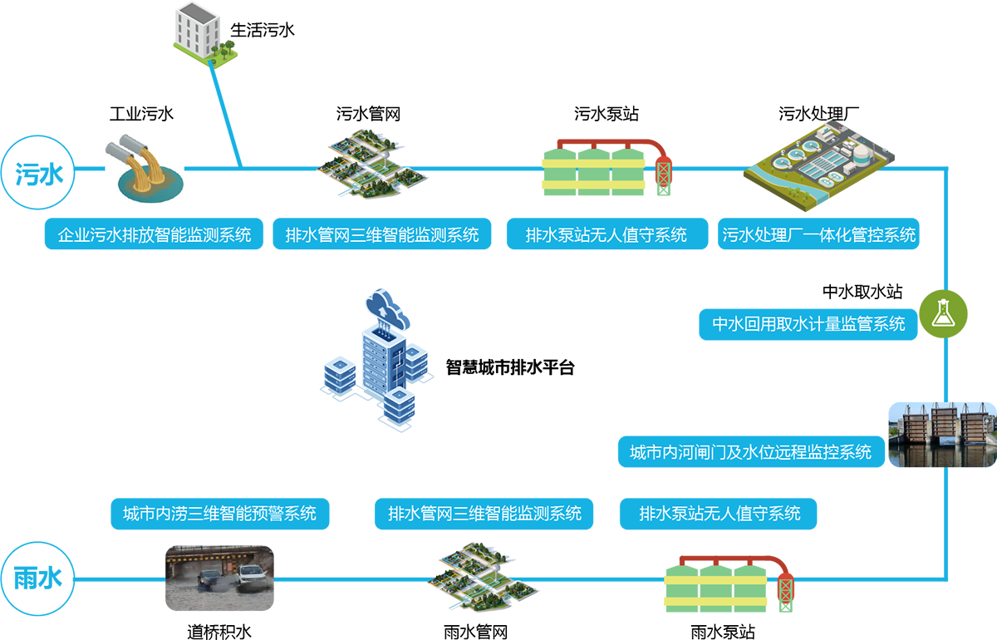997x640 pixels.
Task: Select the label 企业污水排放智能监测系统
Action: pyautogui.click(x=155, y=235)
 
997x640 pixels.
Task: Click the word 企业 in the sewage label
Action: pyautogui.click(x=68, y=235)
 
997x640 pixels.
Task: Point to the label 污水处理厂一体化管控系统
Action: pyautogui.click(x=819, y=235)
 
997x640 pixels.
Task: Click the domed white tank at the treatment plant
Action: pyautogui.click(x=864, y=151)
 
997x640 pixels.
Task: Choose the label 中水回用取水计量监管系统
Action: pyautogui.click(x=808, y=324)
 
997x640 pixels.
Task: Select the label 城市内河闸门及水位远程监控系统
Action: pyautogui.click(x=750, y=452)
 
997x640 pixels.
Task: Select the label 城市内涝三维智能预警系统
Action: pyautogui.click(x=219, y=513)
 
